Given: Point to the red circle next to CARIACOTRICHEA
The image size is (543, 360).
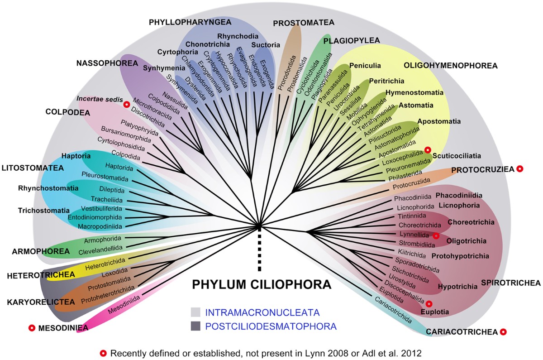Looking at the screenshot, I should click(x=503, y=332).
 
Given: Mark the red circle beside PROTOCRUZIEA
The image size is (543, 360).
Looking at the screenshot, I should click(x=520, y=169).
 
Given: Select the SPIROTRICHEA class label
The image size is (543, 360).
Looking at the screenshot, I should click(x=510, y=283).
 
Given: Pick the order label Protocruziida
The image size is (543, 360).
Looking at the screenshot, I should click(x=410, y=187).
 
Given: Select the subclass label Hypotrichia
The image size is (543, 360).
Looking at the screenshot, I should click(x=458, y=287).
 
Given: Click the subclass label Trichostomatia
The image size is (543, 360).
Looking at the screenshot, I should click(x=44, y=211).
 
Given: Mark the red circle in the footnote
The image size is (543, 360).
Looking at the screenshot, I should click(x=104, y=353).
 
